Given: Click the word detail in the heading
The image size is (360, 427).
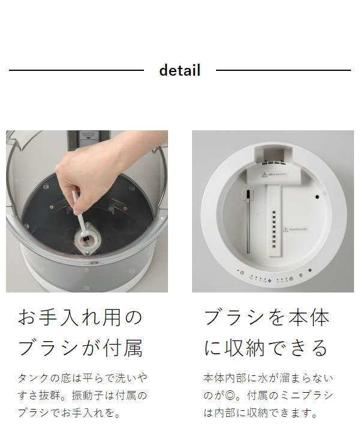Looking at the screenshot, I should coord(179,70).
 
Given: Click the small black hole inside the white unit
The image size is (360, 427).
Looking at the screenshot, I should coord(316,197).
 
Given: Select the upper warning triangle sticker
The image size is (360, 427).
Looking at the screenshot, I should coord(264,175).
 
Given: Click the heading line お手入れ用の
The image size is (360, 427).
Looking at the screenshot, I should coord(80,317).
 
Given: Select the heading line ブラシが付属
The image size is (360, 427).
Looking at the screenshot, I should coord(80,348).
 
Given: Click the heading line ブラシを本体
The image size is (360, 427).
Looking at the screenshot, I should coord(267,317).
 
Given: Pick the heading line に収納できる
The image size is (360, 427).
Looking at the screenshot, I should coord(267,348).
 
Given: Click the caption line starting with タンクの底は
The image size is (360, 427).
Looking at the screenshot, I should coord(83,378).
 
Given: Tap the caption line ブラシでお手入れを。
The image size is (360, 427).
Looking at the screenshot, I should coord(70,413).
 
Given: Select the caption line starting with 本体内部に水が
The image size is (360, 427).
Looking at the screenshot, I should coord(268,378).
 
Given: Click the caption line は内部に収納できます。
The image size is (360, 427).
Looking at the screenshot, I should coord(260,413).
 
